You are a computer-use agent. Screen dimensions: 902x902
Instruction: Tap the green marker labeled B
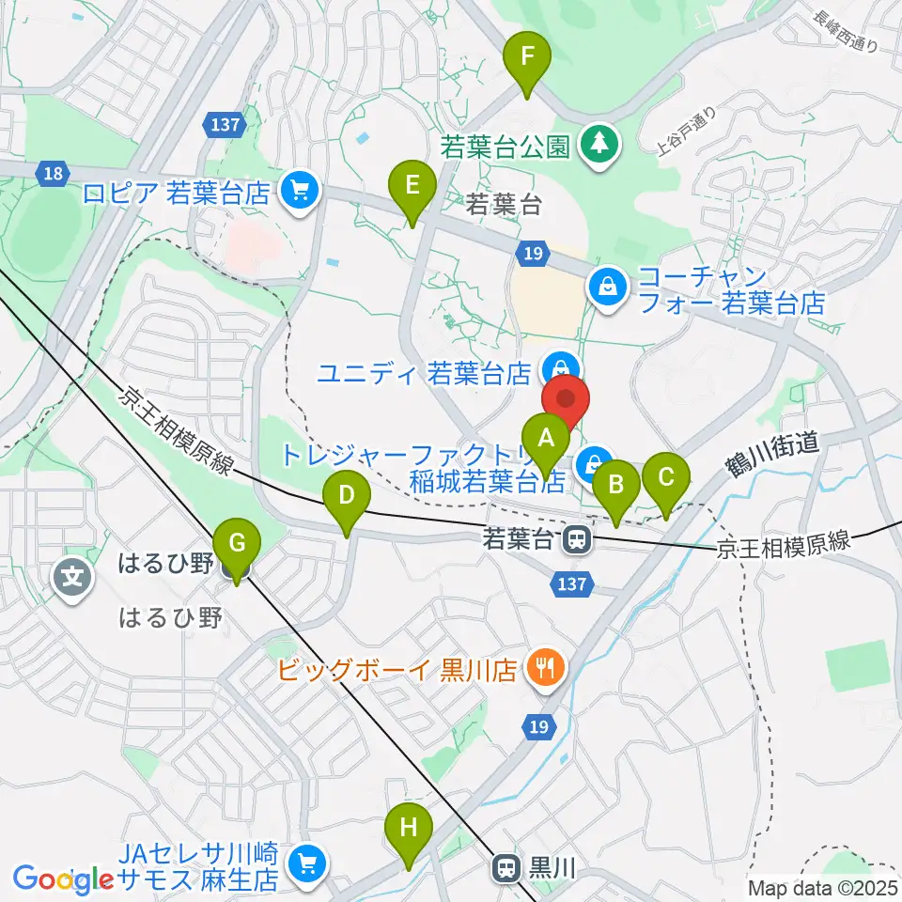pyautogui.click(x=616, y=486)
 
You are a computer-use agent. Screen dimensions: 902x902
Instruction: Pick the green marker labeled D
pyautogui.click(x=347, y=495)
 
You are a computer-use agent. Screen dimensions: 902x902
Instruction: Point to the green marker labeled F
pyautogui.click(x=528, y=57)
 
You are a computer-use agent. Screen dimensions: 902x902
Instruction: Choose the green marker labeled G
pyautogui.click(x=237, y=545)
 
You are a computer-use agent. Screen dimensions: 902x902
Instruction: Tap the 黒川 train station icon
pyautogui.click(x=506, y=865)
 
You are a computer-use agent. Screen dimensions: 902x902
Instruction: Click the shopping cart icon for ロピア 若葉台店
pyautogui.click(x=302, y=192)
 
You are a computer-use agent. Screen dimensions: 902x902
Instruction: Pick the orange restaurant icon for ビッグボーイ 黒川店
pyautogui.click(x=543, y=669)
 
